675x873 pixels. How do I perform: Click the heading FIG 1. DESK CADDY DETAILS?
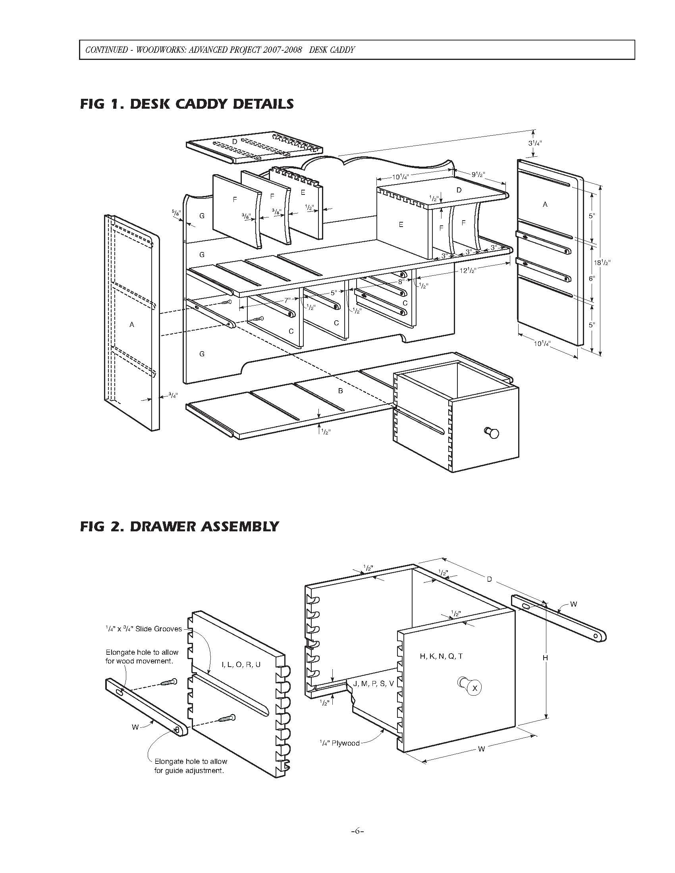coord(187,104)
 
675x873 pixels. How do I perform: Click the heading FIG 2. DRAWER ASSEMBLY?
coord(179,526)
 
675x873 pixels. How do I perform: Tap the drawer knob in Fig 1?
coord(492,433)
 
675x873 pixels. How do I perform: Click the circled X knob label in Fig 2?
coord(474,688)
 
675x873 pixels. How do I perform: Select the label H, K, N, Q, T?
coord(441,656)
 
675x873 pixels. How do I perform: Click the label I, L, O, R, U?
coord(241,664)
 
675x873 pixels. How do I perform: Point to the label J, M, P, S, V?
coord(374,684)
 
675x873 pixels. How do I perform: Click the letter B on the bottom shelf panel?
coord(340,390)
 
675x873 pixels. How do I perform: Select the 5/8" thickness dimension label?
coord(176,212)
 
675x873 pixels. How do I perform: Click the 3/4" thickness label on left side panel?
coord(173,395)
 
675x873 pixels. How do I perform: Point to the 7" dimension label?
coord(287,300)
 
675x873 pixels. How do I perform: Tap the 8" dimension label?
coord(400,281)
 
